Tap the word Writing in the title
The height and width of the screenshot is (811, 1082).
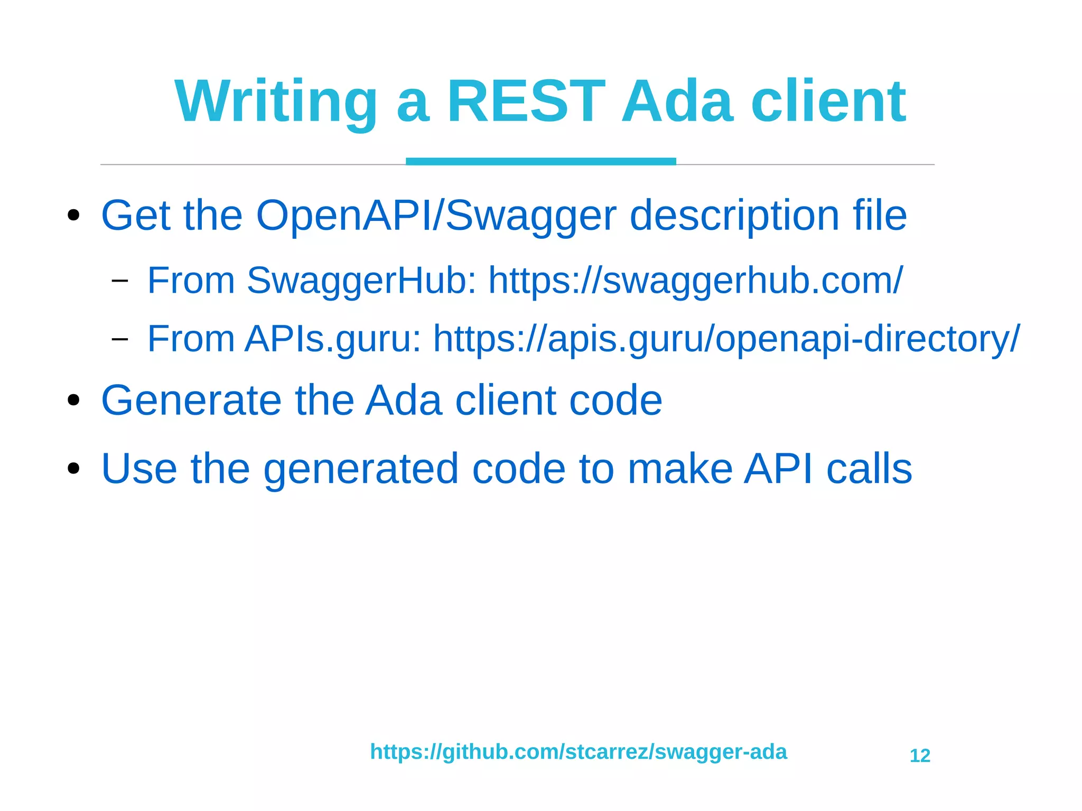276,101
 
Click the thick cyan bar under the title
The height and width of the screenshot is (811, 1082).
540,161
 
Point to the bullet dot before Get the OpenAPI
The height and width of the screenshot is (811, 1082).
73,215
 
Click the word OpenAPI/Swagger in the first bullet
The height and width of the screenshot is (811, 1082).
436,216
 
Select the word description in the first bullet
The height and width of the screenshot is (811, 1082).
734,216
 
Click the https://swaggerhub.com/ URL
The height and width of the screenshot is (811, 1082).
695,280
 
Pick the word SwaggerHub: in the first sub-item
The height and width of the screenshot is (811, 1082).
361,280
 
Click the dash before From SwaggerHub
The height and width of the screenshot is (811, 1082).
120,280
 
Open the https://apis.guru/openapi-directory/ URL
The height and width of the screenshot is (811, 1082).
726,339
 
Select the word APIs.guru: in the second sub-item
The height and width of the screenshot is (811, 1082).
333,339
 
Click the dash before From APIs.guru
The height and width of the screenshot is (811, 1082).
120,339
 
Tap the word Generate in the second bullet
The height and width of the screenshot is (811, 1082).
191,400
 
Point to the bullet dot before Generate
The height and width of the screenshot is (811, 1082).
73,400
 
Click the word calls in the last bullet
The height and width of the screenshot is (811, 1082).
869,468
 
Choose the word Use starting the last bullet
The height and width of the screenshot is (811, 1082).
139,468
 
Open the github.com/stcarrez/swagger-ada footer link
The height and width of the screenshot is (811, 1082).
578,751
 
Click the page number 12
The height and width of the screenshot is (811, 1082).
920,756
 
